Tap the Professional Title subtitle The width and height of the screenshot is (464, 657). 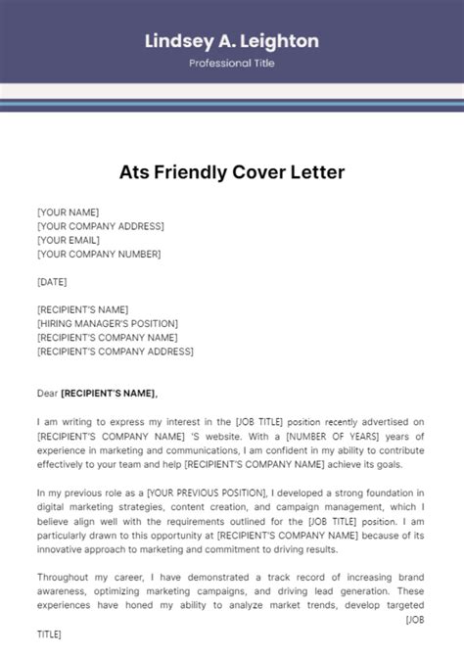232,64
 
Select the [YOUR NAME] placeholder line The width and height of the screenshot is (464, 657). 68,211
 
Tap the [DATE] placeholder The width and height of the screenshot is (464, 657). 53,281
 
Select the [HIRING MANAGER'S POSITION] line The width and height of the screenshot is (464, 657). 108,323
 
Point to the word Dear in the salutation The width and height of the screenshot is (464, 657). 47,393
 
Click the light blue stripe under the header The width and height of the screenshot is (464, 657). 232,101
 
